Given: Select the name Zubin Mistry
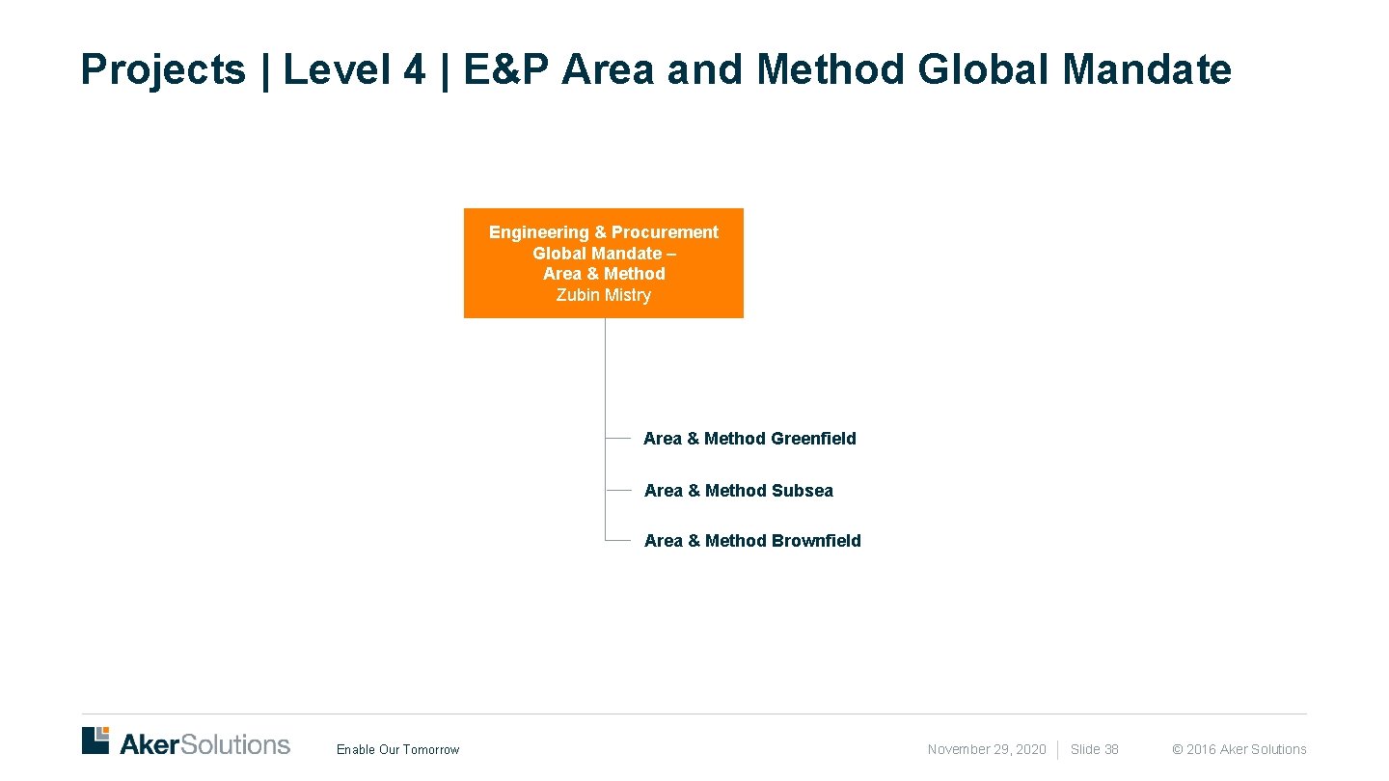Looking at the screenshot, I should tap(604, 295).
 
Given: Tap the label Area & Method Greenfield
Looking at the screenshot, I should tap(749, 439).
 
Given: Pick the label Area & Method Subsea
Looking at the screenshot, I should tap(738, 491).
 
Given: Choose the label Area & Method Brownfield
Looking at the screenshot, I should tap(752, 541).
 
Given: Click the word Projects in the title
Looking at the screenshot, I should tap(163, 69).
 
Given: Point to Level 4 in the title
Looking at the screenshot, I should tap(354, 69).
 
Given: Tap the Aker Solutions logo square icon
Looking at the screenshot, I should tap(95, 741).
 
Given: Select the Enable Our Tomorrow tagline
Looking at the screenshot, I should tap(397, 750).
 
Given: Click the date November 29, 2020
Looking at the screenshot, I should tap(986, 749).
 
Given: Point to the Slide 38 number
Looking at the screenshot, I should tap(1094, 749).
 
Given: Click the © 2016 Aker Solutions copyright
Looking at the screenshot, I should tap(1239, 749).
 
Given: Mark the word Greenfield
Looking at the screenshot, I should tap(813, 439).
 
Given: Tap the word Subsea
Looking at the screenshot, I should tap(802, 491).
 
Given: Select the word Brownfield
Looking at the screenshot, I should tap(816, 541).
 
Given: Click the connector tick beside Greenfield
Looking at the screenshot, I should tap(617, 438).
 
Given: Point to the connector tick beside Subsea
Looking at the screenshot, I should tap(617, 490).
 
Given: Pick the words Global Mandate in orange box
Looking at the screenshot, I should tap(597, 254).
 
